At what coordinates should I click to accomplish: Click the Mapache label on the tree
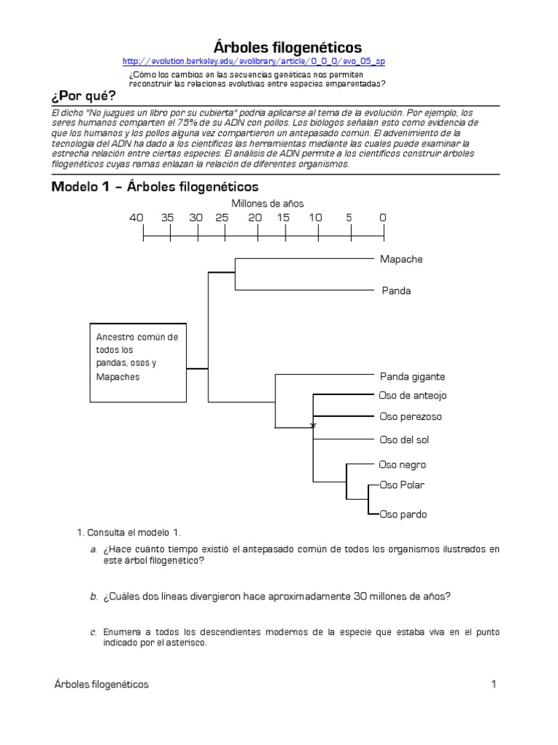400,259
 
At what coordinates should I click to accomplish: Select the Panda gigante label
412,377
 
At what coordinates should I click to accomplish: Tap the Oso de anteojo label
413,396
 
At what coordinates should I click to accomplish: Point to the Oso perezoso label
411,417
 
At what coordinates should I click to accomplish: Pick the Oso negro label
403,465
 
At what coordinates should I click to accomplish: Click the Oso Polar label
403,485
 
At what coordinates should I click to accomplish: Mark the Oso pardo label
403,514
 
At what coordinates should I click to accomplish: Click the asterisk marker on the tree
313,425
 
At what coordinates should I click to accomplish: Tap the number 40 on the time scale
137,218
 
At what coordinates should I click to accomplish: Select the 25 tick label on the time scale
222,218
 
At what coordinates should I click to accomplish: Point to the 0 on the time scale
383,218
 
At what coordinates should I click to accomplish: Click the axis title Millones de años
267,204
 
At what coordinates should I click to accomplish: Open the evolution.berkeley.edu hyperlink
254,62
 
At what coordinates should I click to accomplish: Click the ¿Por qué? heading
84,96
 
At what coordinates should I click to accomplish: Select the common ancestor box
138,362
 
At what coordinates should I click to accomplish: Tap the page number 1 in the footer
493,684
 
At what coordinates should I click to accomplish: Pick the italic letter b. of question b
94,597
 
